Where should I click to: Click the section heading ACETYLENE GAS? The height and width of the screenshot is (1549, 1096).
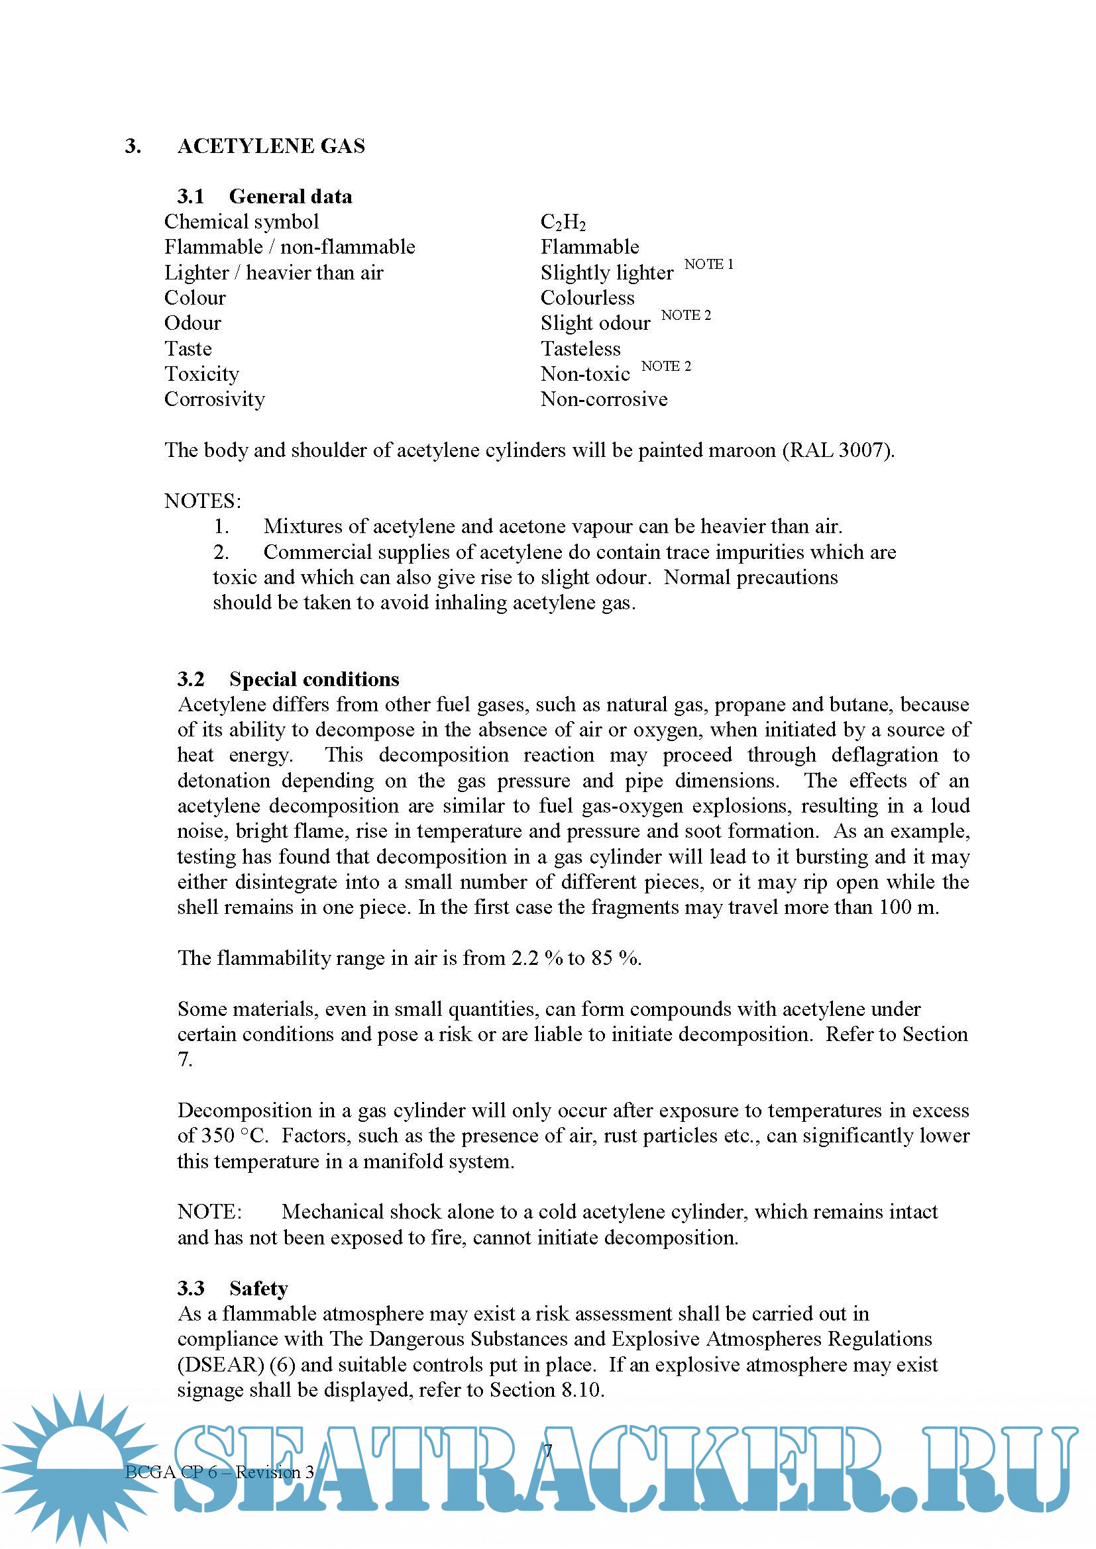270,146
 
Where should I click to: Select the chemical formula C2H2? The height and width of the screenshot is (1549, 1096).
563,222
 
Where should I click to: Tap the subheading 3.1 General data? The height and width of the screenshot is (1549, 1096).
264,196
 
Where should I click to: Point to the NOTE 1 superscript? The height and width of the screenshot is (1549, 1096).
708,264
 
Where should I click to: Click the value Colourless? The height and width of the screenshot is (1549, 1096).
587,297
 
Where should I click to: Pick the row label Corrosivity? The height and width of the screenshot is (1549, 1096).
215,399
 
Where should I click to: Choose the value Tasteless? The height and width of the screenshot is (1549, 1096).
580,349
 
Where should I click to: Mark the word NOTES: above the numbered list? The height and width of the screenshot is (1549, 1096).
203,501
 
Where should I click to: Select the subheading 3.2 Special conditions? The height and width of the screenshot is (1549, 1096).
288,679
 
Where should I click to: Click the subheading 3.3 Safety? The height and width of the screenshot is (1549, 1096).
233,1289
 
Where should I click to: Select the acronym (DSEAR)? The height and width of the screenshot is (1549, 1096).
221,1365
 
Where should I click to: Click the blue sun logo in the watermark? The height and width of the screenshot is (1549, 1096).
80,1468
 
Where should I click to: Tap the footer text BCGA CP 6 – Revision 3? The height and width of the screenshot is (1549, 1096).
219,1473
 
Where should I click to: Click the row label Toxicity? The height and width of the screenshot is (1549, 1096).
202,374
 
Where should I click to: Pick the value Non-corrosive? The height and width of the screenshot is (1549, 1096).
604,399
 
